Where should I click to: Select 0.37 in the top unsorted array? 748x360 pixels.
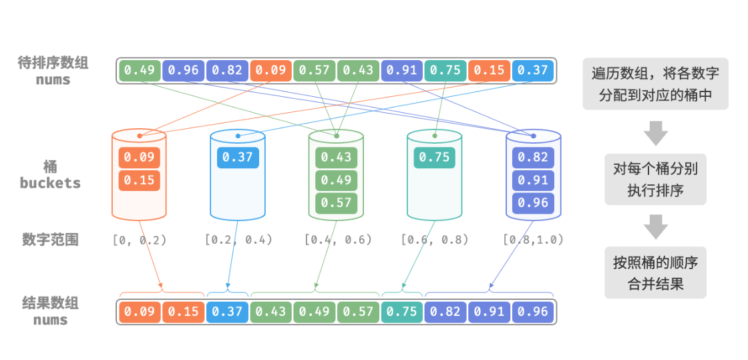point(533,70)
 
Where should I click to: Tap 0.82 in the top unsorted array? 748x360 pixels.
point(228,70)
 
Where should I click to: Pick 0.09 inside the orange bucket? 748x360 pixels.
point(140,158)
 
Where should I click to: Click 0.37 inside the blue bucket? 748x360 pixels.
point(238,158)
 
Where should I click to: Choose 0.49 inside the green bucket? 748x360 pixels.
point(337,180)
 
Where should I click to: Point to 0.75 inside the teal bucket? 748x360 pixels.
point(435,158)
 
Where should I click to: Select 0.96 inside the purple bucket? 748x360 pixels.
point(533,203)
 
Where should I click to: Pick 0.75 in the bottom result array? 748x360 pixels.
point(402,312)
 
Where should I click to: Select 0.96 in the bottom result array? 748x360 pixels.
point(533,312)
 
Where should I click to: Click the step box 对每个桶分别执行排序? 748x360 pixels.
point(655,180)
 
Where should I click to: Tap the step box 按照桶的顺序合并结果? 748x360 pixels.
point(655,273)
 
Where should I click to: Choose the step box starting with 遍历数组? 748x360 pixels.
point(655,83)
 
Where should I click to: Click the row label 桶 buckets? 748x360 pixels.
point(50,174)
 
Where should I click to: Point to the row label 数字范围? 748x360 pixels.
point(50,239)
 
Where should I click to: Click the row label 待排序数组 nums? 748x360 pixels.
point(53,71)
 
